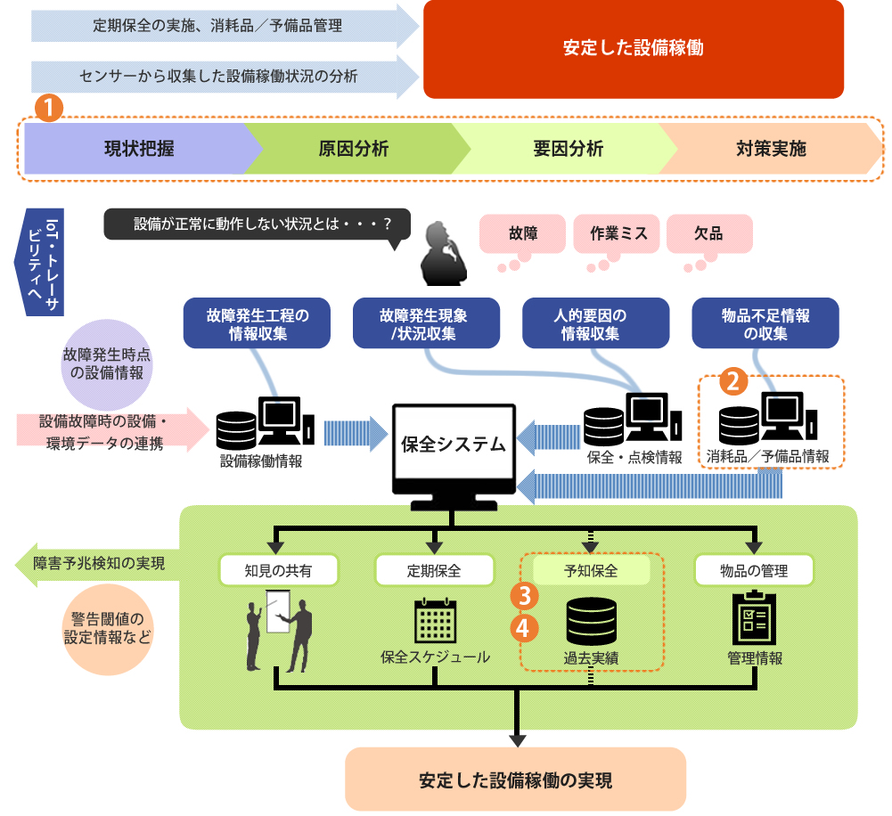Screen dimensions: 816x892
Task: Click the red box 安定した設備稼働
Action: (x=633, y=49)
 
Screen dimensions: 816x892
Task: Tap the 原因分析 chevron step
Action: (x=353, y=149)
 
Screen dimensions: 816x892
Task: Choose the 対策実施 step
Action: (x=771, y=149)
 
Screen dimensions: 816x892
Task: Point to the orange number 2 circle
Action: (x=732, y=381)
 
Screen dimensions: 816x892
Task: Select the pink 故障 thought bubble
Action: (x=522, y=233)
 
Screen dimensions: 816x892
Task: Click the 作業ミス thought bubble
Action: (x=618, y=233)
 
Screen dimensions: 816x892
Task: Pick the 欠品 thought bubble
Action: (x=708, y=233)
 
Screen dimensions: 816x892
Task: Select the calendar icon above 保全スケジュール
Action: (x=435, y=620)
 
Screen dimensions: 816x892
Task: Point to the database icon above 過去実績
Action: (x=591, y=620)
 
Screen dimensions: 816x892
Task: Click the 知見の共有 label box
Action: (x=278, y=570)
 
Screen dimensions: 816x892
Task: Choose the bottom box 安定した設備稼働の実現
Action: (x=515, y=779)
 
